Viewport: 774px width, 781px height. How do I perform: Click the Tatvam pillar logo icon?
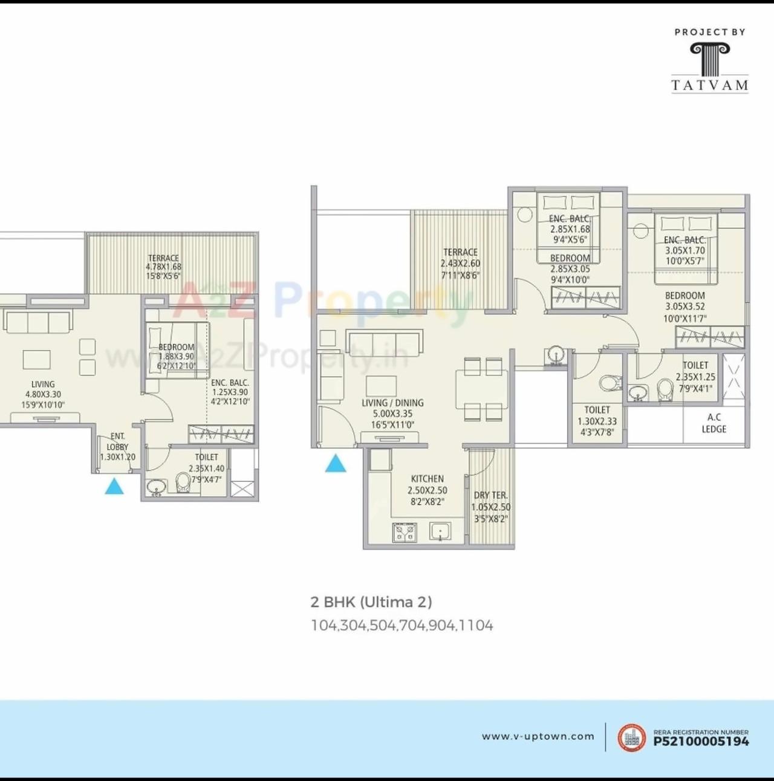(710, 59)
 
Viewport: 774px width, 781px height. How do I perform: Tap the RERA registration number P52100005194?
(701, 741)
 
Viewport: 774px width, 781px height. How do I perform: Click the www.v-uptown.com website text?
(538, 736)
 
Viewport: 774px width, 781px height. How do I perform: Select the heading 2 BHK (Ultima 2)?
(371, 602)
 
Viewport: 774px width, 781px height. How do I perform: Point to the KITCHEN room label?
(428, 479)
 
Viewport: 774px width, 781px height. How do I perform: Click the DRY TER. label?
(490, 496)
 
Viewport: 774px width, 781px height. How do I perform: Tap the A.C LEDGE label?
(714, 423)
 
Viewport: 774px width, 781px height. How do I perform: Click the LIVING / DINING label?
(392, 403)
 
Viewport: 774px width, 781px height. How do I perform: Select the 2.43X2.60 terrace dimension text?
(460, 264)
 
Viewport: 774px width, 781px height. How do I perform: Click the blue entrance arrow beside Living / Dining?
(336, 464)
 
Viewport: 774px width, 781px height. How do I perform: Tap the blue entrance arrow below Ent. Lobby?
(114, 486)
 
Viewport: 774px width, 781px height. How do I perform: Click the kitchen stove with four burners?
(405, 533)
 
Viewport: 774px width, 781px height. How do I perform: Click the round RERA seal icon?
(631, 737)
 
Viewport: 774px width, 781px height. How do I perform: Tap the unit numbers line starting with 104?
(402, 626)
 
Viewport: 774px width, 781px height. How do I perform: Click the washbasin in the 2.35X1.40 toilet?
(157, 487)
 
